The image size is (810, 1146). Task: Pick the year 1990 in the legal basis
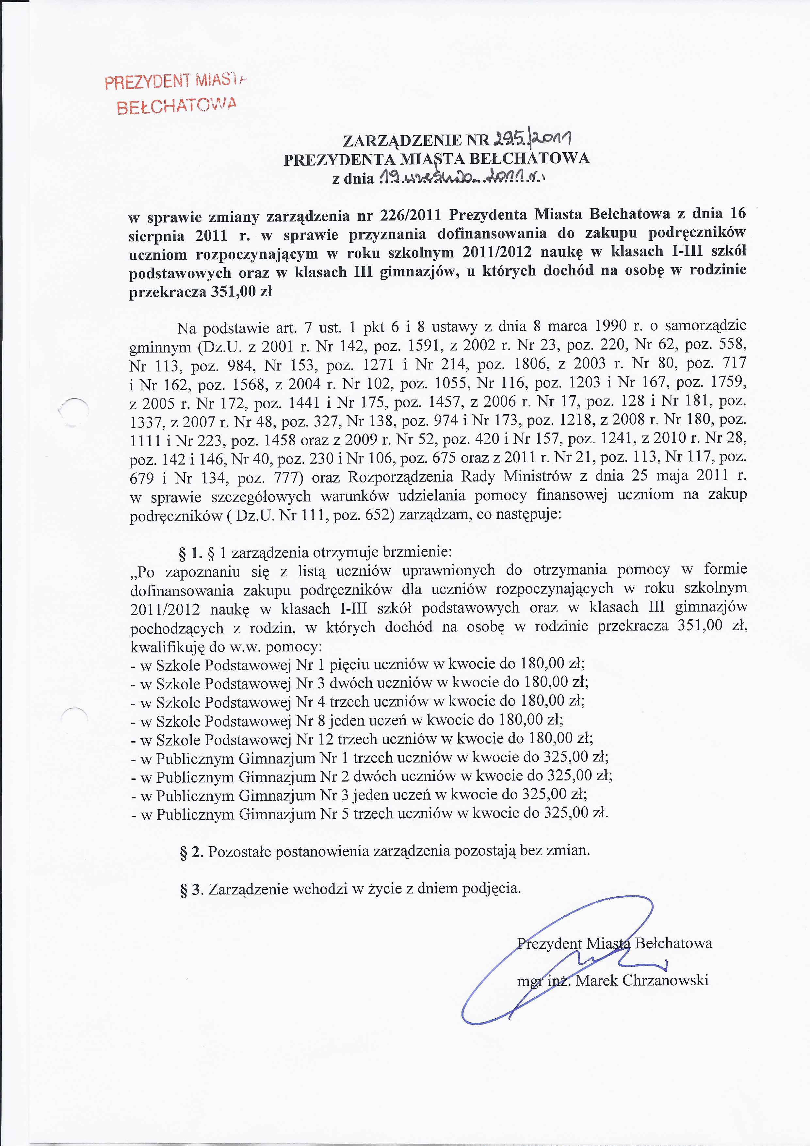click(x=610, y=326)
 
